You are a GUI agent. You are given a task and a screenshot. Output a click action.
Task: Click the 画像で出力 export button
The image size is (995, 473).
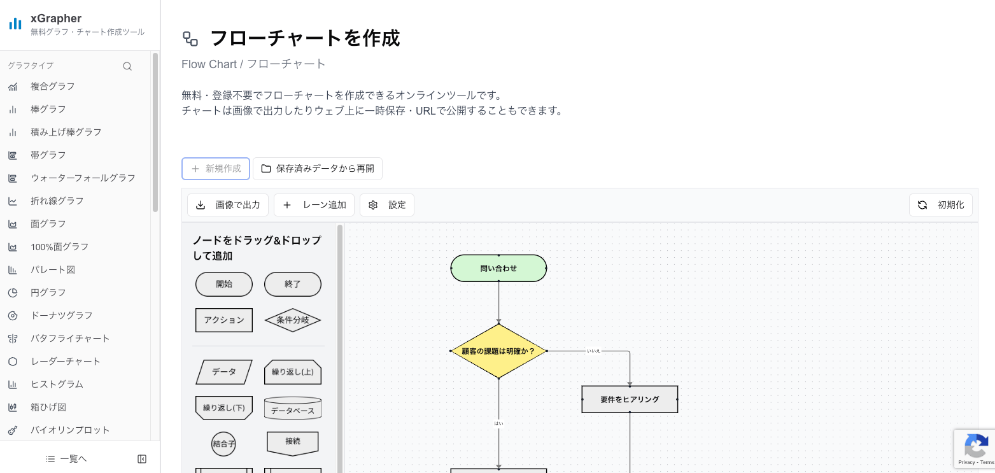pyautogui.click(x=228, y=205)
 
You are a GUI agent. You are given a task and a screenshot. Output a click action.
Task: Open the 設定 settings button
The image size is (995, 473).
pyautogui.click(x=387, y=205)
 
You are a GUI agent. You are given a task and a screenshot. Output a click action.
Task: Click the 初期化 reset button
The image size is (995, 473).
pyautogui.click(x=940, y=205)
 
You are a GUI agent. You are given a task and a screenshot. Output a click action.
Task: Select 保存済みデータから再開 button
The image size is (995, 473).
pyautogui.click(x=317, y=169)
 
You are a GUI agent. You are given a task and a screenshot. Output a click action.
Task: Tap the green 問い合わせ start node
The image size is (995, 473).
pyautogui.click(x=498, y=268)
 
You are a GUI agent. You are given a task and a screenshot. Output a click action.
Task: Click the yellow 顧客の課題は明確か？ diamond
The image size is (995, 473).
pyautogui.click(x=498, y=351)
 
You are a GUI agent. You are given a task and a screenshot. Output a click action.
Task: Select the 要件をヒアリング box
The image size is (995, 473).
pyautogui.click(x=630, y=399)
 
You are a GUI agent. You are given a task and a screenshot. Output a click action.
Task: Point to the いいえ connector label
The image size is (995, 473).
pyautogui.click(x=593, y=351)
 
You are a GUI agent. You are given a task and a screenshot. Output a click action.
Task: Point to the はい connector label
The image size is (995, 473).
pyautogui.click(x=498, y=423)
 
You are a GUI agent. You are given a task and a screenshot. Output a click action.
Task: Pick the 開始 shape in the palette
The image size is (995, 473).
pyautogui.click(x=224, y=285)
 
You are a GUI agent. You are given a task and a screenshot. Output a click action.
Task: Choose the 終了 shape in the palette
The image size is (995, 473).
pyautogui.click(x=293, y=285)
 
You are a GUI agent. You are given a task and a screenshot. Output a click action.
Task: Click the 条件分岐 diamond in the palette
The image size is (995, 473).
pyautogui.click(x=293, y=320)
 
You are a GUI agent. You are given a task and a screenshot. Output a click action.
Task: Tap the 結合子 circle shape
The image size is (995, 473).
pyautogui.click(x=223, y=444)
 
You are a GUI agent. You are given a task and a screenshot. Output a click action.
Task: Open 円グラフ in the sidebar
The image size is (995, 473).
pyautogui.click(x=48, y=293)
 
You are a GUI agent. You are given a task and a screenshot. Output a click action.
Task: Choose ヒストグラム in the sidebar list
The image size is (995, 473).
pyautogui.click(x=57, y=385)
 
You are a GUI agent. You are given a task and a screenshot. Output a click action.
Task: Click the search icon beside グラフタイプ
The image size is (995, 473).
pyautogui.click(x=127, y=66)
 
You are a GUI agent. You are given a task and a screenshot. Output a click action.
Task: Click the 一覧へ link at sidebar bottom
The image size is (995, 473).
pyautogui.click(x=67, y=459)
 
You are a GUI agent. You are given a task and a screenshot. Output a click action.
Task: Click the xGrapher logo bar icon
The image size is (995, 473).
pyautogui.click(x=15, y=24)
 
